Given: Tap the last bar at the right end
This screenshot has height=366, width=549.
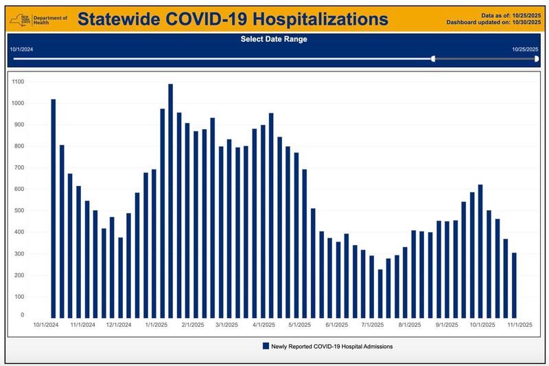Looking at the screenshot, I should coord(514,284).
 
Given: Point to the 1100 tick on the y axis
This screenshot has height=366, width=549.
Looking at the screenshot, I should coord(18,82).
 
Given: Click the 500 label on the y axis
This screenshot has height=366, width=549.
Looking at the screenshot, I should coord(19,211).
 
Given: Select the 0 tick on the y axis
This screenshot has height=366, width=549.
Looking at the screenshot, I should coord(23,315).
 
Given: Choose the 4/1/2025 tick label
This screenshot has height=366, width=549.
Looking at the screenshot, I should coord(264,325).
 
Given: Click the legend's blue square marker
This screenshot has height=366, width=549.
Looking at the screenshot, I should coord(266,347).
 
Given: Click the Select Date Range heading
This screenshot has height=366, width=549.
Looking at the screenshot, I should coord(274,39).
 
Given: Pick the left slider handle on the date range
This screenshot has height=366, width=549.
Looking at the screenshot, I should coord(433,59).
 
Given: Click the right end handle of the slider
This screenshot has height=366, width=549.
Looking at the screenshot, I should coord(537,59).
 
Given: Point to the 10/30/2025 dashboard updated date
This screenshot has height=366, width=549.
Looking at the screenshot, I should coord(525,22).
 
